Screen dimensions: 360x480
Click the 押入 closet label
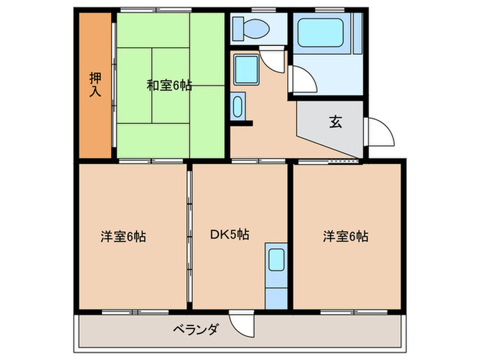click(95, 84)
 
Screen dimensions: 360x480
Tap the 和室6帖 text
click(169, 86)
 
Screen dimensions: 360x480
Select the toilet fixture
click(255, 29)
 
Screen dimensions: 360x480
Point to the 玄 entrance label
click(335, 123)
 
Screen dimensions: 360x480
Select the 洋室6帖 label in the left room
click(123, 237)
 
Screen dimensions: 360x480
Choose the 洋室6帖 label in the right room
click(346, 237)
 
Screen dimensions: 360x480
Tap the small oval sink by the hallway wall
click(238, 106)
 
